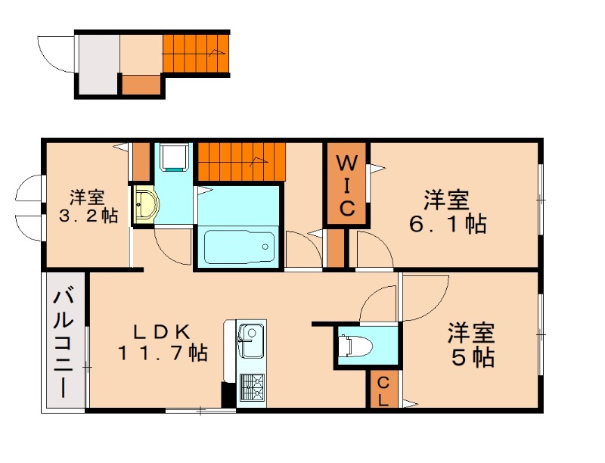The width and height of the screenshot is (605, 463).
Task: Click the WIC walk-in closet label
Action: click(346, 185)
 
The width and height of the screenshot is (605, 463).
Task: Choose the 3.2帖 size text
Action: click(88, 216)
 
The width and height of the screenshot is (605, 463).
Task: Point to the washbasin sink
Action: click(145, 205)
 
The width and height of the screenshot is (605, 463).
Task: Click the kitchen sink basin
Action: click(250, 333)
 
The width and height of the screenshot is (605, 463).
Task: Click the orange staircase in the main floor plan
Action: click(243, 160)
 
